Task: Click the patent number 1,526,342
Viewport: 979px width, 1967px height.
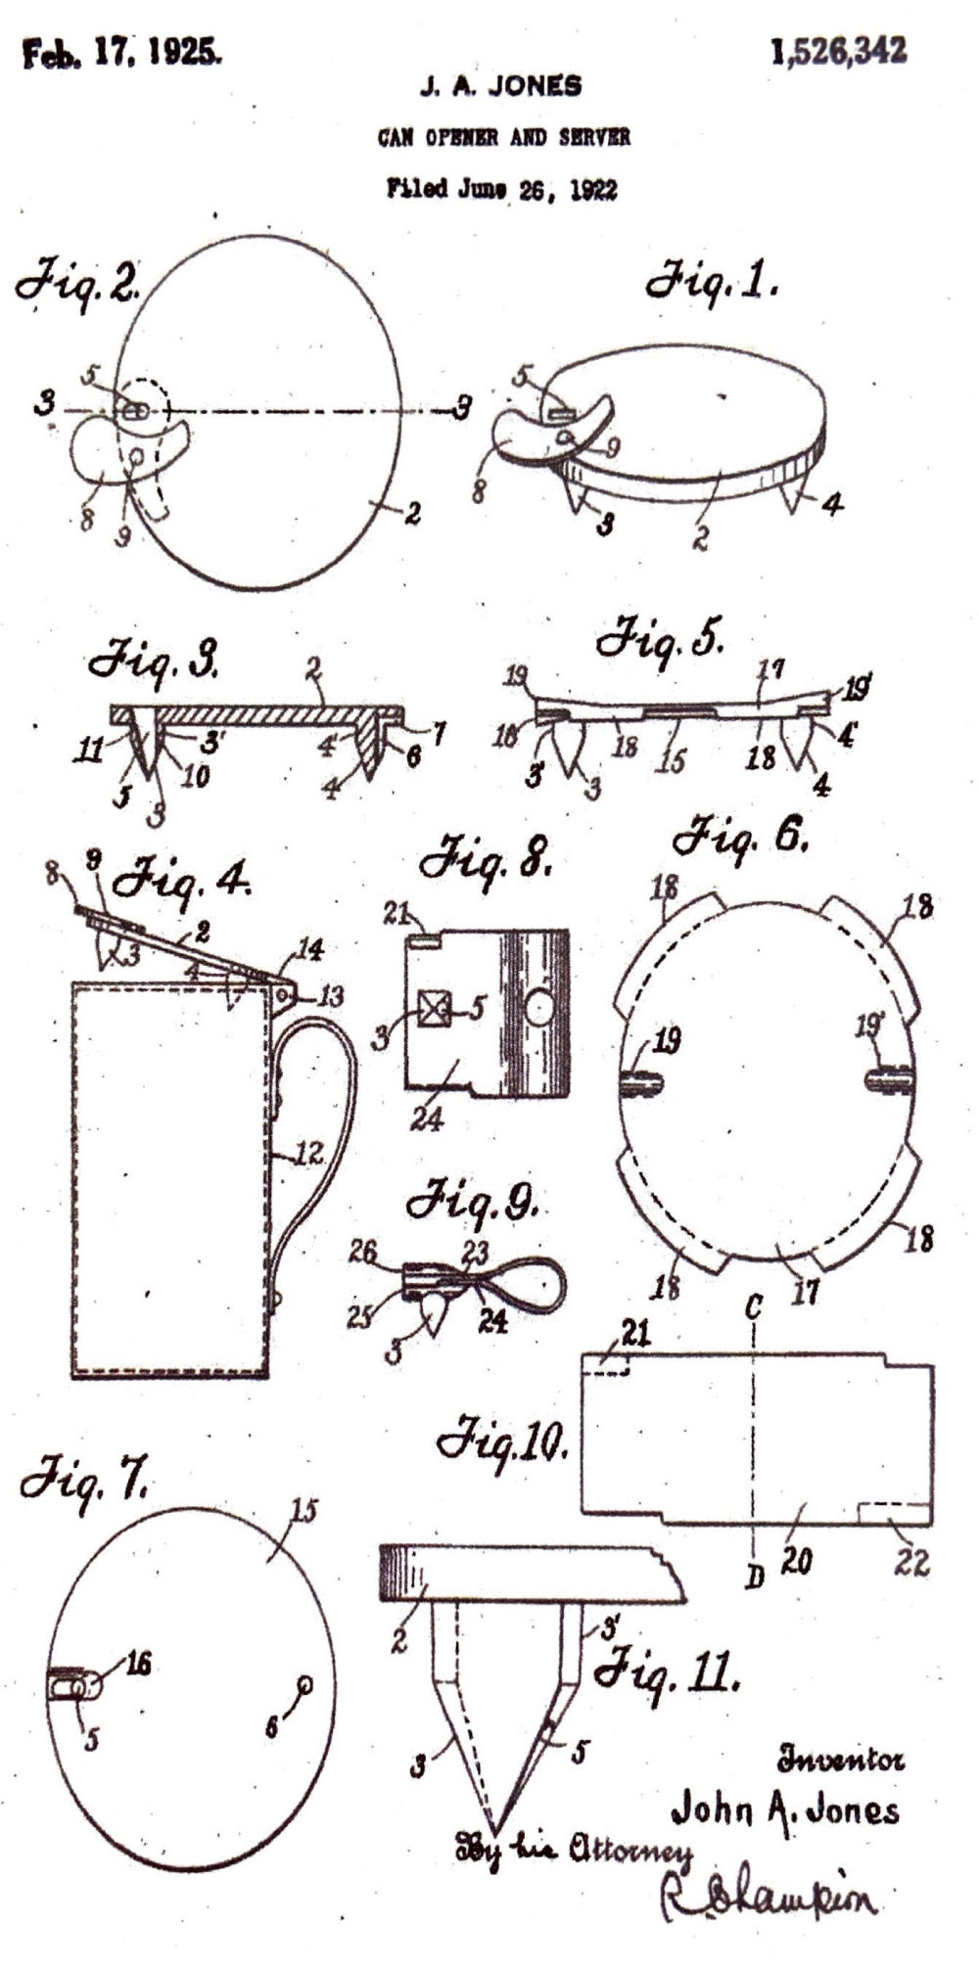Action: pyautogui.click(x=838, y=52)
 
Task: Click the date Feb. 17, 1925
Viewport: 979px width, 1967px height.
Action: pyautogui.click(x=121, y=54)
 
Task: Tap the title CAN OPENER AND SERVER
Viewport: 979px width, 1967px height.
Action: pyautogui.click(x=503, y=137)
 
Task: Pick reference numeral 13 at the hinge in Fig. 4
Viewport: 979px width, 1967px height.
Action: pyautogui.click(x=333, y=996)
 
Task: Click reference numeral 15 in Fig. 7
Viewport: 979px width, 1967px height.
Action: pyautogui.click(x=303, y=1510)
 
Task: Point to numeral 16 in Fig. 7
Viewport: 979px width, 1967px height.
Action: pyautogui.click(x=137, y=1662)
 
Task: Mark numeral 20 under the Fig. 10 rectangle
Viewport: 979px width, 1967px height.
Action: pyautogui.click(x=796, y=1563)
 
